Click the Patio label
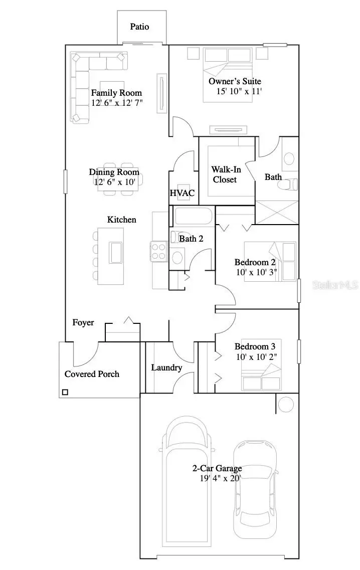tap(139, 27)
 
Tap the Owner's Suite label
tap(235, 81)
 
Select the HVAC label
tap(182, 193)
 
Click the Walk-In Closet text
tap(224, 174)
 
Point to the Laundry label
tap(166, 368)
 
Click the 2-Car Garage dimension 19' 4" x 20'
tap(220, 478)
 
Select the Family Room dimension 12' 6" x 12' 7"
tap(117, 103)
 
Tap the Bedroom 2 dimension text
tap(256, 273)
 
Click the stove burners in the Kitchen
tap(159, 251)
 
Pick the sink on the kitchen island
tap(115, 252)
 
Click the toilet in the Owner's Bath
tap(291, 184)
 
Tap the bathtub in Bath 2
tap(193, 217)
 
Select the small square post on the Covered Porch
tap(65, 392)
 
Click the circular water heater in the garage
tap(286, 404)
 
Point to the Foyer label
tap(83, 323)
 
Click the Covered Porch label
tap(92, 374)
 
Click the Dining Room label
tap(114, 172)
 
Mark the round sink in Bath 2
tap(177, 257)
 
